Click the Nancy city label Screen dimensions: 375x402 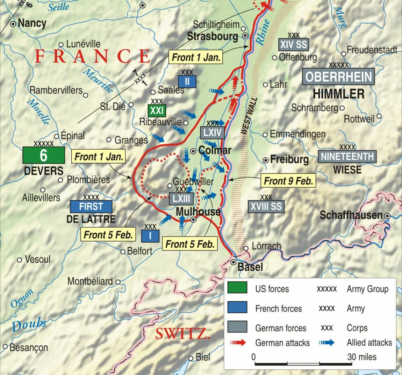pyautogui.click(x=32, y=23)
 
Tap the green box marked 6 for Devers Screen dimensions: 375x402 pyautogui.click(x=43, y=155)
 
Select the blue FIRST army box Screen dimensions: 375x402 pyautogui.click(x=91, y=207)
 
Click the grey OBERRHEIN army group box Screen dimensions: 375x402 pyautogui.click(x=338, y=77)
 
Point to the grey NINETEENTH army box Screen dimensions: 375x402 pyautogui.click(x=347, y=157)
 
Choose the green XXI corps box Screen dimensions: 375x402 pyautogui.click(x=157, y=111)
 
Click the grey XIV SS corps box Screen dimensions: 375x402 pyautogui.click(x=294, y=44)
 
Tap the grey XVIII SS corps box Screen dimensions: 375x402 pyautogui.click(x=266, y=207)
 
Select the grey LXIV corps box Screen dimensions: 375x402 pyautogui.click(x=212, y=133)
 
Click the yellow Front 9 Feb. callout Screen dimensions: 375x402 pyautogui.click(x=288, y=181)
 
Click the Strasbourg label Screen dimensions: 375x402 pyautogui.click(x=212, y=36)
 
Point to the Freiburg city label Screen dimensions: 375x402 pyautogui.click(x=289, y=160)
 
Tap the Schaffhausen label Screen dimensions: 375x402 pyautogui.click(x=351, y=215)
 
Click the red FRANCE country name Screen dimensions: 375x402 pyautogui.click(x=92, y=56)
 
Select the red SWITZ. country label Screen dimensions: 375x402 pyautogui.click(x=183, y=334)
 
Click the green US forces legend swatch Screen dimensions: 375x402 pyautogui.click(x=237, y=288)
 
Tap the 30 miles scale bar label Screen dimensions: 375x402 pyautogui.click(x=362, y=357)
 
